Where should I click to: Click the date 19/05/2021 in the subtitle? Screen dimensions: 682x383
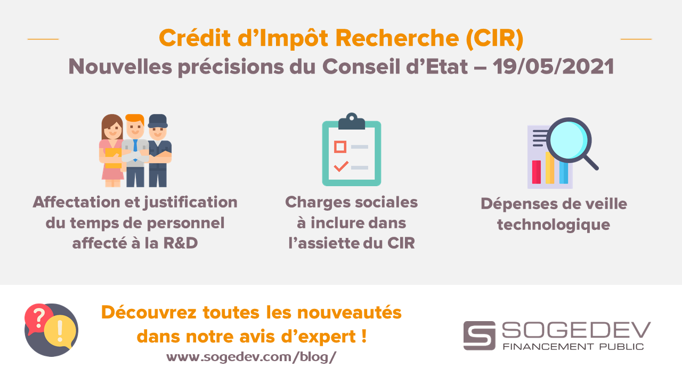pos(553,67)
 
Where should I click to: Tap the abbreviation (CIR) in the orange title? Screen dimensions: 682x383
pos(494,38)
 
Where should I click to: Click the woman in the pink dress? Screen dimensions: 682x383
pos(111,150)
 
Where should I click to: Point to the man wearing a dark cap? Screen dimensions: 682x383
pos(159,150)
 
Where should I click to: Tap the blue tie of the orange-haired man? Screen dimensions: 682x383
pos(135,148)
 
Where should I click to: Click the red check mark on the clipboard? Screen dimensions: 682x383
pos(341,166)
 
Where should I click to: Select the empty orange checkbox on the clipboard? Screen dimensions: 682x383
pos(340,147)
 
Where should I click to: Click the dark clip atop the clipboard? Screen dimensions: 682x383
pos(352,122)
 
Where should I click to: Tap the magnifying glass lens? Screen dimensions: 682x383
pos(569,140)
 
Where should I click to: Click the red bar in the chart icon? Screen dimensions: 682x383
pos(536,172)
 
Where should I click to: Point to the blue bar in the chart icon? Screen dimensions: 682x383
pos(564,173)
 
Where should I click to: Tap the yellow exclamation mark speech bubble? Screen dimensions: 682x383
pos(60,331)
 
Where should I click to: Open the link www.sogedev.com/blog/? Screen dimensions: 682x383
pos(251,357)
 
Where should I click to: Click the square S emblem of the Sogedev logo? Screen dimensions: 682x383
pos(479,336)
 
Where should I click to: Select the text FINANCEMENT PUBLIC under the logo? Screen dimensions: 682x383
pos(573,347)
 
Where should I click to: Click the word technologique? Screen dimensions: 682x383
pos(554,225)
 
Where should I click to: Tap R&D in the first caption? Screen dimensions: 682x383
pos(181,243)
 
